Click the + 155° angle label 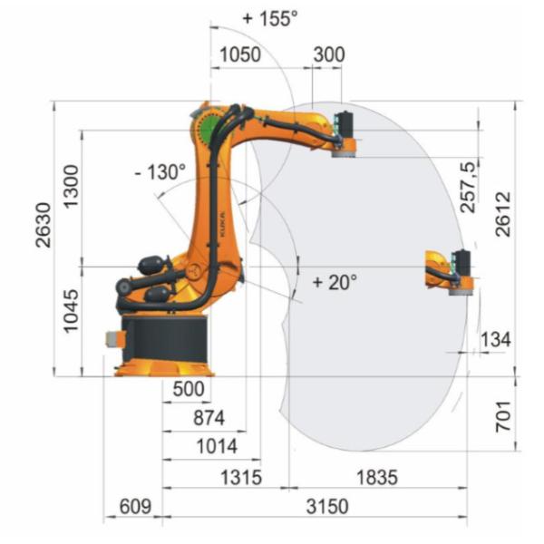click(270, 18)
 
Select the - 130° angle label click(161, 171)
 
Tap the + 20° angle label click(335, 282)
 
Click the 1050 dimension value click(238, 54)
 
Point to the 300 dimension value click(328, 54)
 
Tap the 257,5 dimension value click(468, 187)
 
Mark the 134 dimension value click(495, 339)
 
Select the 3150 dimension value click(325, 507)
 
